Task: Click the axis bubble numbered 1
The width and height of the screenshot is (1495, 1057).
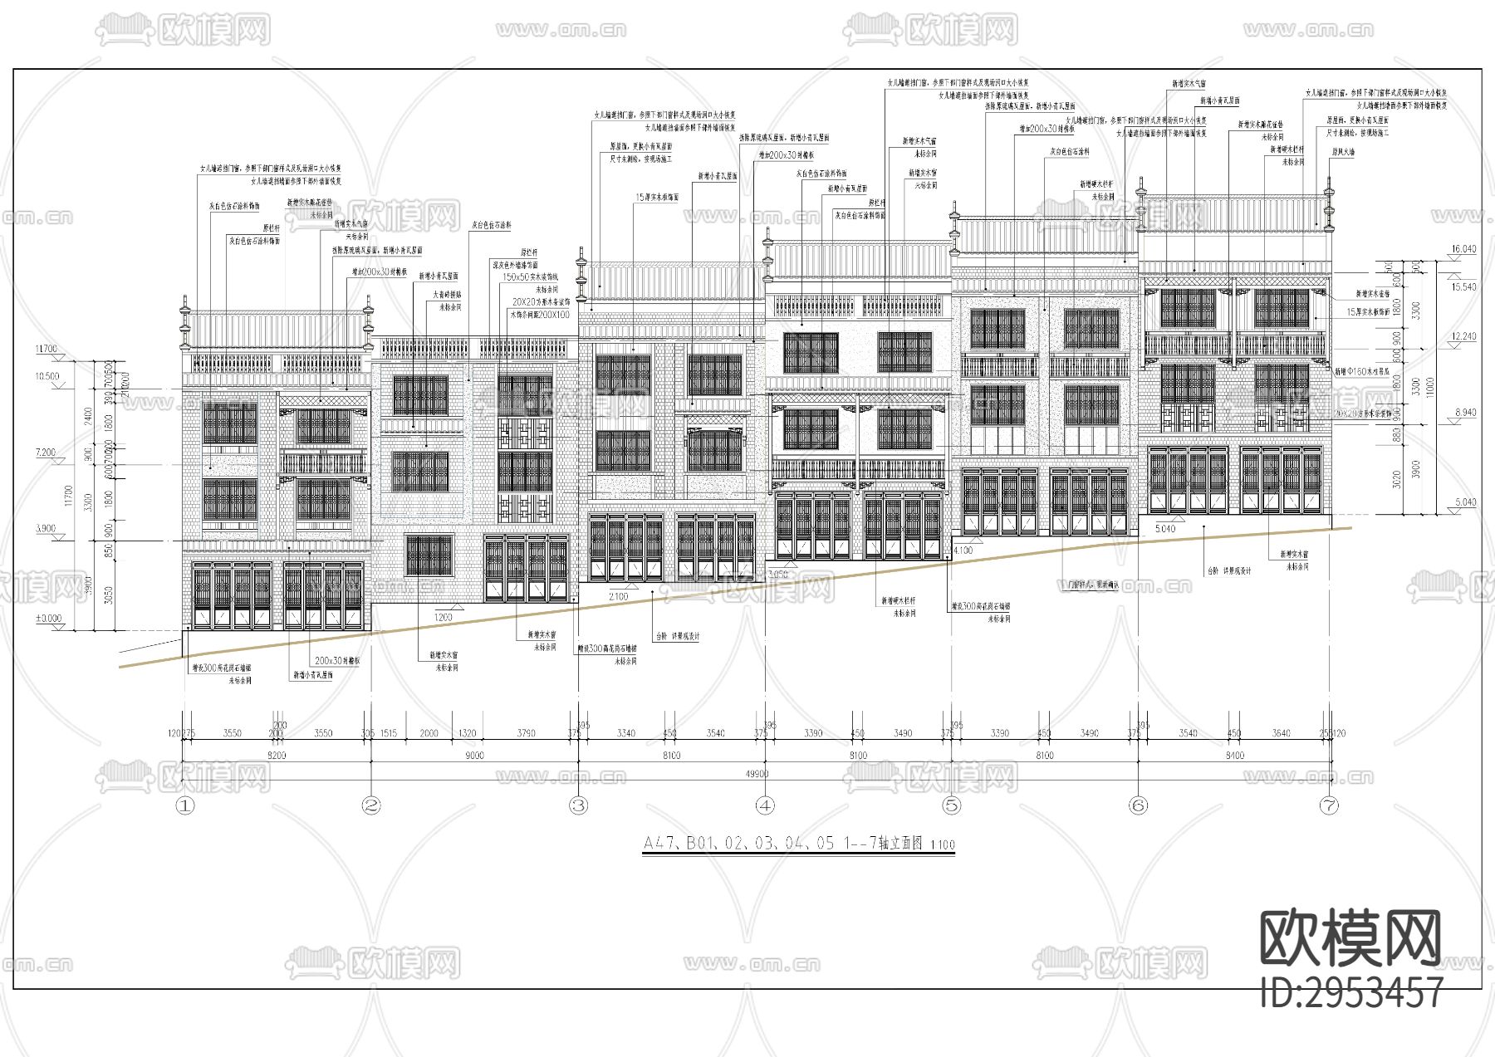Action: (185, 805)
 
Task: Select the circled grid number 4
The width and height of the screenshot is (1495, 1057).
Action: (765, 805)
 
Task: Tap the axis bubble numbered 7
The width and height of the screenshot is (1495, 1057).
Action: (1329, 805)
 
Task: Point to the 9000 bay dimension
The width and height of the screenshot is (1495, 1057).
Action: (474, 756)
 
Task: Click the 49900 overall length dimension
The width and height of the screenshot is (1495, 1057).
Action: (757, 774)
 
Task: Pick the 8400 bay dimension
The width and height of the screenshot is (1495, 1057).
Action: (1234, 756)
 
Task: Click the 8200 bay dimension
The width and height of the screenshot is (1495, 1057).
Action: (276, 756)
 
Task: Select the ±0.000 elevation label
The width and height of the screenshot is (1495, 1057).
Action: (48, 618)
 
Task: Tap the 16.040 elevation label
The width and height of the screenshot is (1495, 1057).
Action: (1463, 249)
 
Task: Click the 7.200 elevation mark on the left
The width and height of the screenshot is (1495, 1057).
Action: (47, 453)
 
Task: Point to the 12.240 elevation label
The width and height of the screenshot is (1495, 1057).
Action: (1463, 336)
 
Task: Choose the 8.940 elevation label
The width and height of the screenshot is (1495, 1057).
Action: (1463, 413)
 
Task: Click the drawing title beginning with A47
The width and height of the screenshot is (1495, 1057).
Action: (799, 844)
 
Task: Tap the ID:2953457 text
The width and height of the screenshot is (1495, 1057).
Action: (1351, 993)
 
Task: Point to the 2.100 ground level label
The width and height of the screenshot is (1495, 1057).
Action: (618, 596)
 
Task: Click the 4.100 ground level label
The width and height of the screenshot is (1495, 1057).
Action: (963, 551)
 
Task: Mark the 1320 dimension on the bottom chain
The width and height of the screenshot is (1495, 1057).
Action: (468, 733)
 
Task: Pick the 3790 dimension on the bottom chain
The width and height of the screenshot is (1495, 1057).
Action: (526, 733)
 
